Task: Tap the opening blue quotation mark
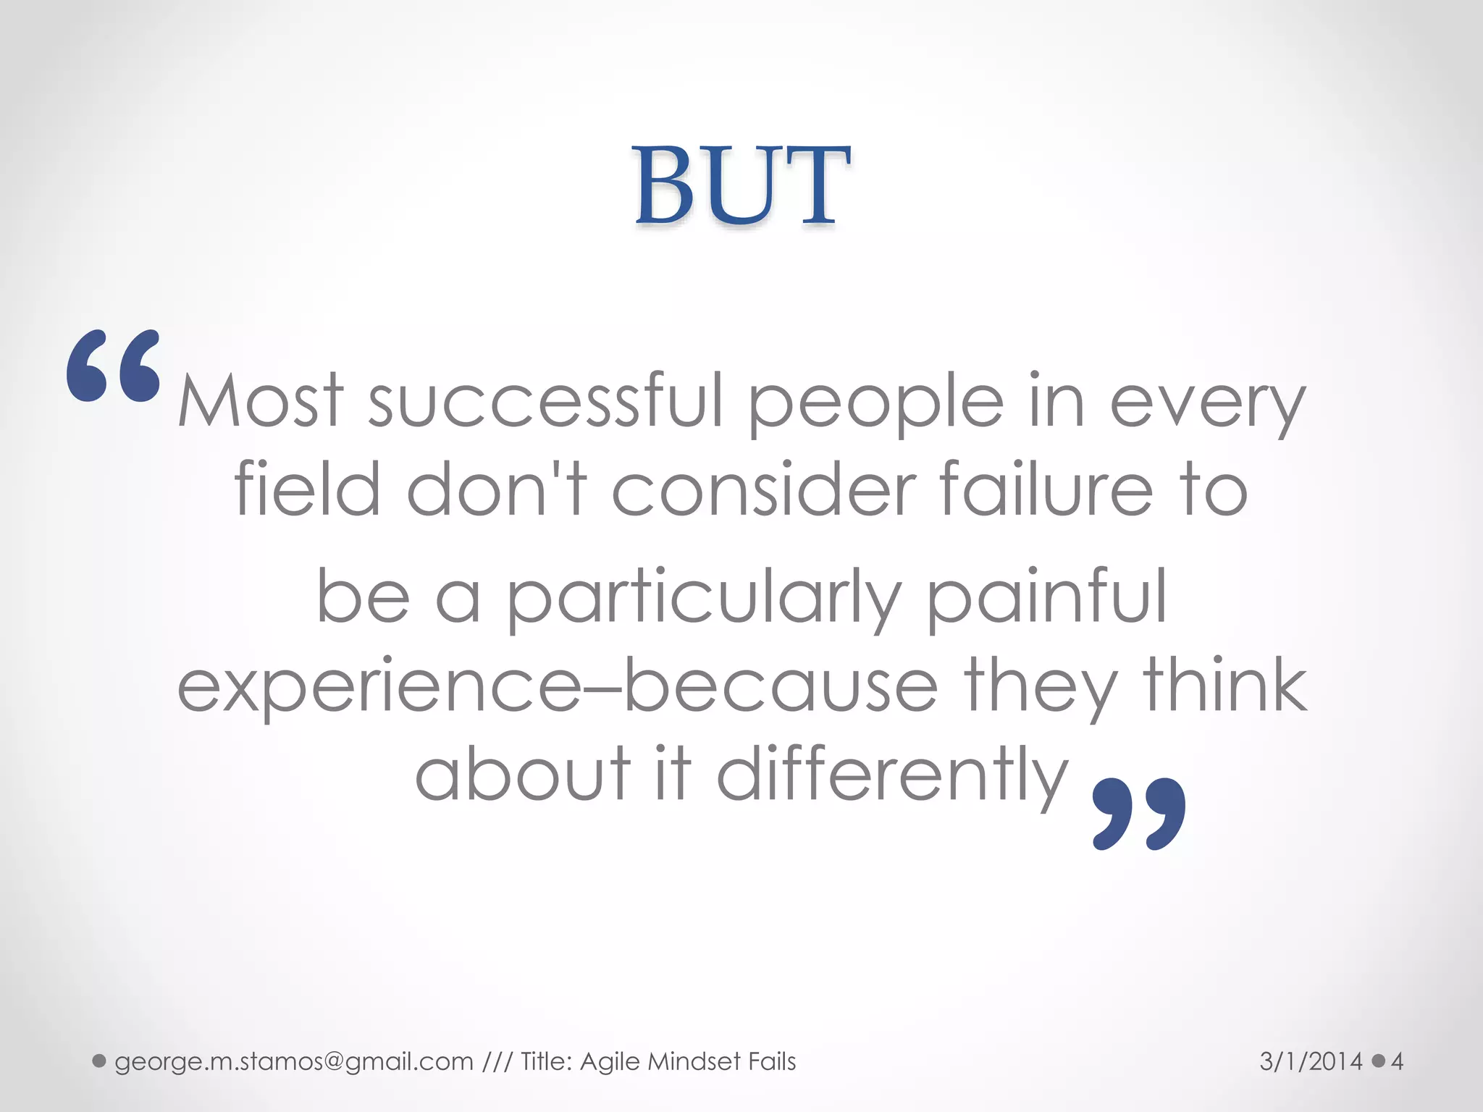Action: point(114,366)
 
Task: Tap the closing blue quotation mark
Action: point(1138,813)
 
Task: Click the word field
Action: point(308,489)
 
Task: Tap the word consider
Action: point(765,489)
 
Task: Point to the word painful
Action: point(1047,598)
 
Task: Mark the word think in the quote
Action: point(1225,685)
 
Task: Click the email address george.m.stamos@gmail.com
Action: point(294,1061)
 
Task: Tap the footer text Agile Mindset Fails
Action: point(688,1061)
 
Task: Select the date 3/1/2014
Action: point(1311,1061)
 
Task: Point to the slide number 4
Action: point(1397,1061)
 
